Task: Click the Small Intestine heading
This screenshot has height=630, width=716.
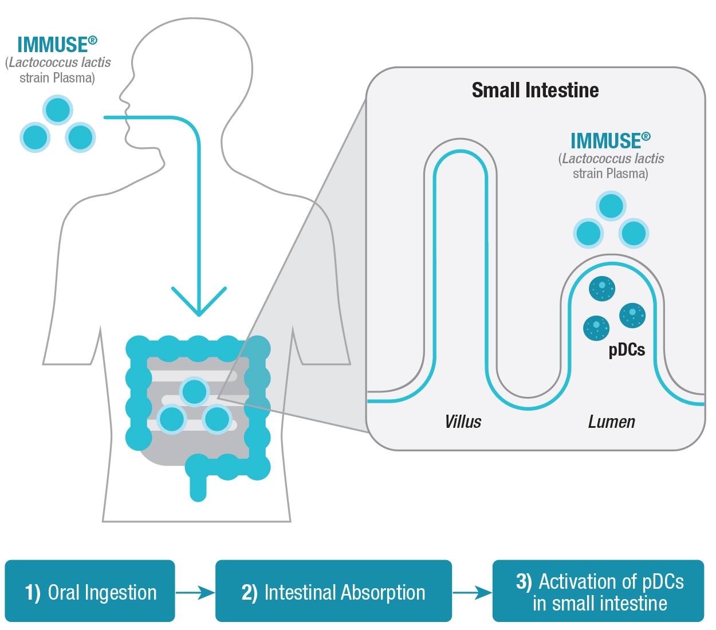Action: pyautogui.click(x=535, y=90)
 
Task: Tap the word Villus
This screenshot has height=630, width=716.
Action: pyautogui.click(x=463, y=422)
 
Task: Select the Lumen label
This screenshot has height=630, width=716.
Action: pyautogui.click(x=611, y=422)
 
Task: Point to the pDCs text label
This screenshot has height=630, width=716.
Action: pyautogui.click(x=627, y=350)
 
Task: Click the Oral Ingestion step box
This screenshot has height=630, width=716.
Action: pyautogui.click(x=90, y=591)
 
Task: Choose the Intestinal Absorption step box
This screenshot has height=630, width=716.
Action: pyautogui.click(x=333, y=591)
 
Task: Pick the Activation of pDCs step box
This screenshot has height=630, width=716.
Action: pyautogui.click(x=598, y=591)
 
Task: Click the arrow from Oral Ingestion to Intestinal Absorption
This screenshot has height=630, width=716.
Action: pyautogui.click(x=195, y=592)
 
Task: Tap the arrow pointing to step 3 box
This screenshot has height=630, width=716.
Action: pyautogui.click(x=473, y=592)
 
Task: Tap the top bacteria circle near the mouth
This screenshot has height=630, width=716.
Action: pyautogui.click(x=57, y=110)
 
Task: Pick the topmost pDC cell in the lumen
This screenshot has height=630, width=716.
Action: pyautogui.click(x=602, y=288)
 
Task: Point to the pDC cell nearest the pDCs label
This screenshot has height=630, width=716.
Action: pyautogui.click(x=632, y=316)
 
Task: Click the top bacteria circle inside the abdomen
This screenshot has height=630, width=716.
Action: pyautogui.click(x=194, y=392)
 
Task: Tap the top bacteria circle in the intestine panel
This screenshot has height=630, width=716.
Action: pyautogui.click(x=611, y=206)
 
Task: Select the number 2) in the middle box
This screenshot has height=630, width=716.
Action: pyautogui.click(x=249, y=592)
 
